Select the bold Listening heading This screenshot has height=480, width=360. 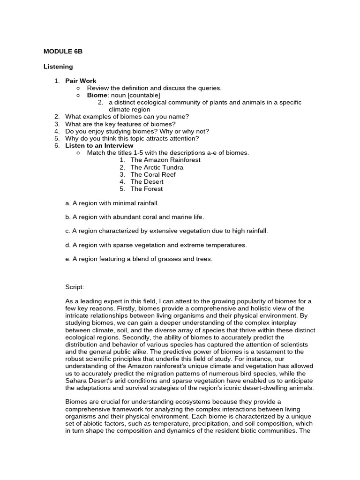(x=58, y=67)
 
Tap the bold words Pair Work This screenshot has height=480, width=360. (x=81, y=81)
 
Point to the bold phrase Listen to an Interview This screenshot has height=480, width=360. (x=99, y=145)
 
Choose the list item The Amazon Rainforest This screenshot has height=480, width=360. (x=165, y=160)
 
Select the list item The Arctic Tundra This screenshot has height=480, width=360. (x=157, y=167)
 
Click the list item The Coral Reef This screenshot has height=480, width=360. (x=153, y=174)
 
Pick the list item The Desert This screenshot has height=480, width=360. (x=147, y=181)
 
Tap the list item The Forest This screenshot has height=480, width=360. (x=146, y=189)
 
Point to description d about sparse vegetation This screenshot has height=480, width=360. (x=156, y=245)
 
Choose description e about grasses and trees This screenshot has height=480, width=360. (x=139, y=259)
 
